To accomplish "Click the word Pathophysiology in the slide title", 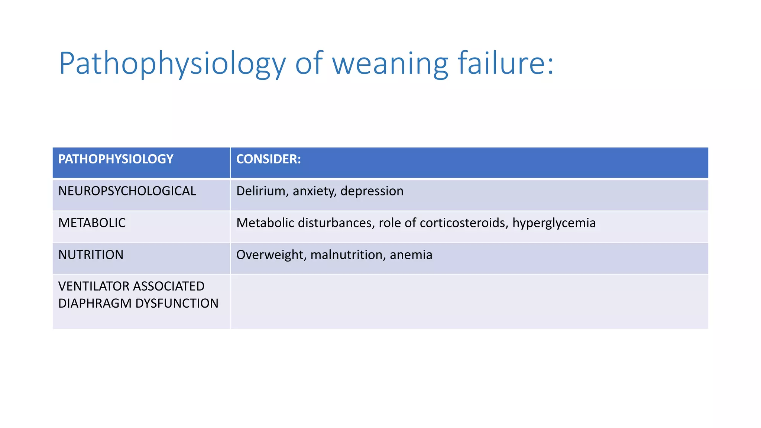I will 172,64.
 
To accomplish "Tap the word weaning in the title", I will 390,64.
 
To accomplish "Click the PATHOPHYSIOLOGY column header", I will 116,159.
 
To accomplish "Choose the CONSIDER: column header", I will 268,159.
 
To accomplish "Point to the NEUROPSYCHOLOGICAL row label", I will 127,191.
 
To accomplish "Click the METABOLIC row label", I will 92,223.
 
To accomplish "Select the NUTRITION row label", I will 91,255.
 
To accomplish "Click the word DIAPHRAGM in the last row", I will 95,304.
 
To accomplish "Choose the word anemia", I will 411,255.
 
